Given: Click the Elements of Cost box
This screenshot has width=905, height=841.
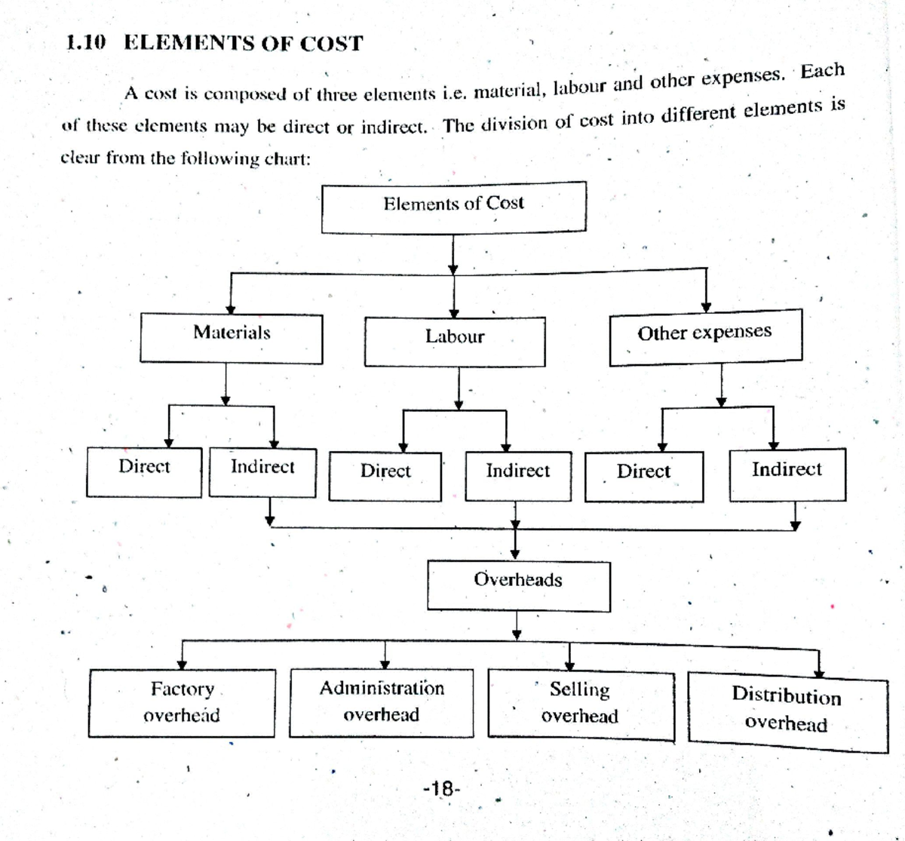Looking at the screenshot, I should click(453, 207).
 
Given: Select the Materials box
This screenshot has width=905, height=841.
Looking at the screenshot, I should click(231, 339).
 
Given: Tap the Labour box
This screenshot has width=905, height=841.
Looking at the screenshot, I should click(454, 342).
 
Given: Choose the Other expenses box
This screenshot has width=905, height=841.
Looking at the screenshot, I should click(705, 337).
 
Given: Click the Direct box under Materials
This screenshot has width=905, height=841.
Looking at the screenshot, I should click(144, 472).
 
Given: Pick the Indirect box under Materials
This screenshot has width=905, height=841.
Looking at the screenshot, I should click(262, 472).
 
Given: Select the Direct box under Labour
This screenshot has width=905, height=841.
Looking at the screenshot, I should click(385, 476).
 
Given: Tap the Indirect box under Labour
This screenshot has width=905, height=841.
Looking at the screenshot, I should click(517, 476).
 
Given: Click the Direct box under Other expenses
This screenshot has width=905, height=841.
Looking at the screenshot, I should click(643, 476).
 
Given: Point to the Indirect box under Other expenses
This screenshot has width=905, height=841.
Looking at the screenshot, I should click(787, 474).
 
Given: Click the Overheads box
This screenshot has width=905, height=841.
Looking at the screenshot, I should click(518, 585).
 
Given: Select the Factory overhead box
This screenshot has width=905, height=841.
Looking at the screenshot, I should click(182, 702).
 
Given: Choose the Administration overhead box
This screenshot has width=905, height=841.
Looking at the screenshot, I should click(382, 702).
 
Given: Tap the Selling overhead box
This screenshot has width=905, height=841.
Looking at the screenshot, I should click(580, 704).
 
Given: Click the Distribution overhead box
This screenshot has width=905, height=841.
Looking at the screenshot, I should click(787, 711).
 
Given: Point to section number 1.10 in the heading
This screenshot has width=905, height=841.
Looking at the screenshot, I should click(84, 42).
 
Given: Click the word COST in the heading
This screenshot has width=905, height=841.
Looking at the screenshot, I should click(331, 44).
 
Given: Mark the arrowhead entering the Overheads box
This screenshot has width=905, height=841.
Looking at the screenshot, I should click(516, 554).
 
